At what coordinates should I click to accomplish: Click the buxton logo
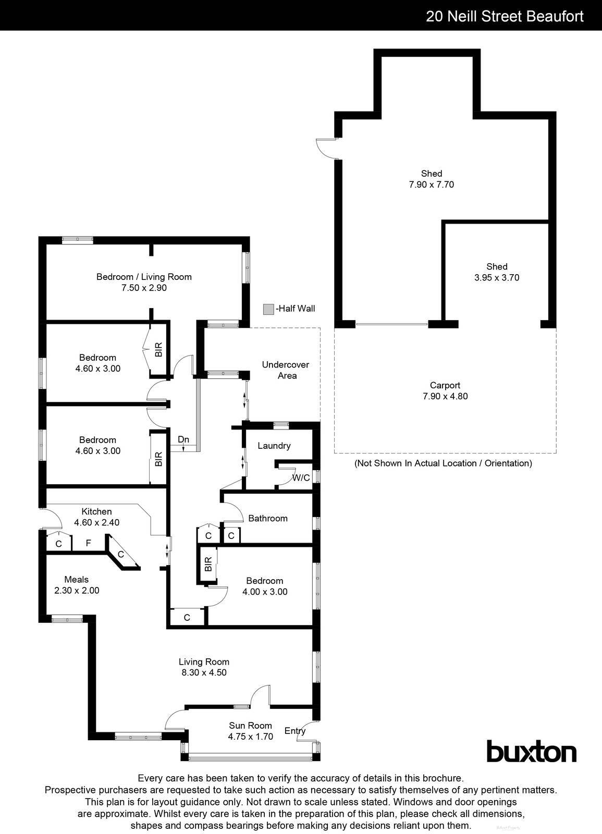tap(531, 752)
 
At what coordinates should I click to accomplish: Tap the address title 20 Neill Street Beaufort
tap(505, 16)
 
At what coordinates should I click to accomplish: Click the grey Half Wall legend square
tap(268, 309)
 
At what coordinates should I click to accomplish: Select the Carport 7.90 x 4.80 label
tap(445, 390)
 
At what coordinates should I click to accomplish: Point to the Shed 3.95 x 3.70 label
tap(497, 272)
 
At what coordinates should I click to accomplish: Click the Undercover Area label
tap(286, 370)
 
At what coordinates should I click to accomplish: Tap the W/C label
tap(301, 477)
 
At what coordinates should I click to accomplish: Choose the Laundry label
tap(274, 446)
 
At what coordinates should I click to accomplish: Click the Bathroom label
tap(268, 518)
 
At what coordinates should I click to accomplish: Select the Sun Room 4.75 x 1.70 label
tap(250, 731)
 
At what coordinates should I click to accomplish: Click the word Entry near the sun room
tap(295, 731)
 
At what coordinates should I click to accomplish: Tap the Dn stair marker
tap(183, 440)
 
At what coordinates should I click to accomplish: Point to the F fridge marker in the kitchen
tap(88, 543)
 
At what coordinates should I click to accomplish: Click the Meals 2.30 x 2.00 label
tap(76, 585)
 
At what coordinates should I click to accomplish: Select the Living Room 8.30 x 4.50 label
tap(204, 667)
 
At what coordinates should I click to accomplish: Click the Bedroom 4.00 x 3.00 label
tap(265, 586)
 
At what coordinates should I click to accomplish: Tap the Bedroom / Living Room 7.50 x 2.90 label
tap(144, 282)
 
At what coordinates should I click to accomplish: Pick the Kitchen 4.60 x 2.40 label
tap(96, 517)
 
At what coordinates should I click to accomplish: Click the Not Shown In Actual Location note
tap(443, 463)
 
